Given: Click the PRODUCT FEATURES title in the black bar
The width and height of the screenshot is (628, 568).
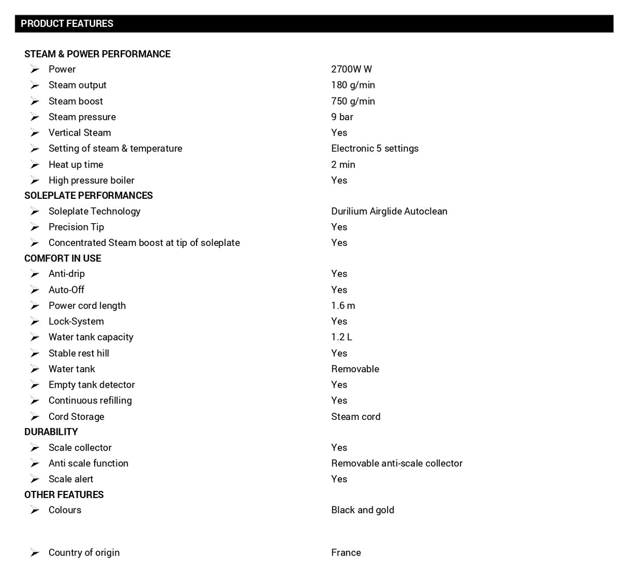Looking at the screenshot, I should [x=67, y=24].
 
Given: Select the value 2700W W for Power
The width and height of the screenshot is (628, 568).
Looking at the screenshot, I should [x=351, y=69].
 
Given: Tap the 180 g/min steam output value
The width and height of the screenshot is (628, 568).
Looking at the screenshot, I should [x=353, y=85].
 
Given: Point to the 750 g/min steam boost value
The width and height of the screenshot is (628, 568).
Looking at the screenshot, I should [x=353, y=101].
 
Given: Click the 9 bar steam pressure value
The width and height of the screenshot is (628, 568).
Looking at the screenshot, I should [x=342, y=117].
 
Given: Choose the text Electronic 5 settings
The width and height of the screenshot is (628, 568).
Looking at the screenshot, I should [x=375, y=149].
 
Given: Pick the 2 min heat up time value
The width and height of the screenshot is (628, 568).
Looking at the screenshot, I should [x=343, y=165].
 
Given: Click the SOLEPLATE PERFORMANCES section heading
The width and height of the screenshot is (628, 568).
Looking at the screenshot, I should [x=88, y=196].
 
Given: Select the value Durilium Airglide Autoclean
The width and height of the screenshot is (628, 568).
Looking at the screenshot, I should [x=389, y=211].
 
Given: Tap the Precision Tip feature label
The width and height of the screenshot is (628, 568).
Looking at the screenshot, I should [x=76, y=227].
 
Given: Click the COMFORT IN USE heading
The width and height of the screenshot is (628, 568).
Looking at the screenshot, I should [x=63, y=258].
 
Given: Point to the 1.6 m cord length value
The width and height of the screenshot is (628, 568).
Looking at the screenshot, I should [x=343, y=306].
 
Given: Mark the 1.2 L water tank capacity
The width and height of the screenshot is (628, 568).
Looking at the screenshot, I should [x=341, y=337].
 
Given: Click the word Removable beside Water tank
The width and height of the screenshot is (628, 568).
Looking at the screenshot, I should [x=355, y=369].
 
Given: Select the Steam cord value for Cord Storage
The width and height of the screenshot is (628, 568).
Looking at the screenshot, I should [x=355, y=417].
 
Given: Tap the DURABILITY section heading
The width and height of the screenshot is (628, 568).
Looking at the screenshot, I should [x=51, y=432].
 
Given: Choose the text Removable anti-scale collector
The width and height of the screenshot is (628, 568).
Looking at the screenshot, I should [x=397, y=463].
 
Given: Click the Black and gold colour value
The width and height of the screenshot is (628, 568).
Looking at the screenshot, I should [x=362, y=510].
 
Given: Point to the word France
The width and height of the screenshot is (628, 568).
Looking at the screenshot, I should [x=346, y=553].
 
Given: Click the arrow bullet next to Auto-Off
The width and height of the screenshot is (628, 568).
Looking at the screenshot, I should [x=35, y=290].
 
